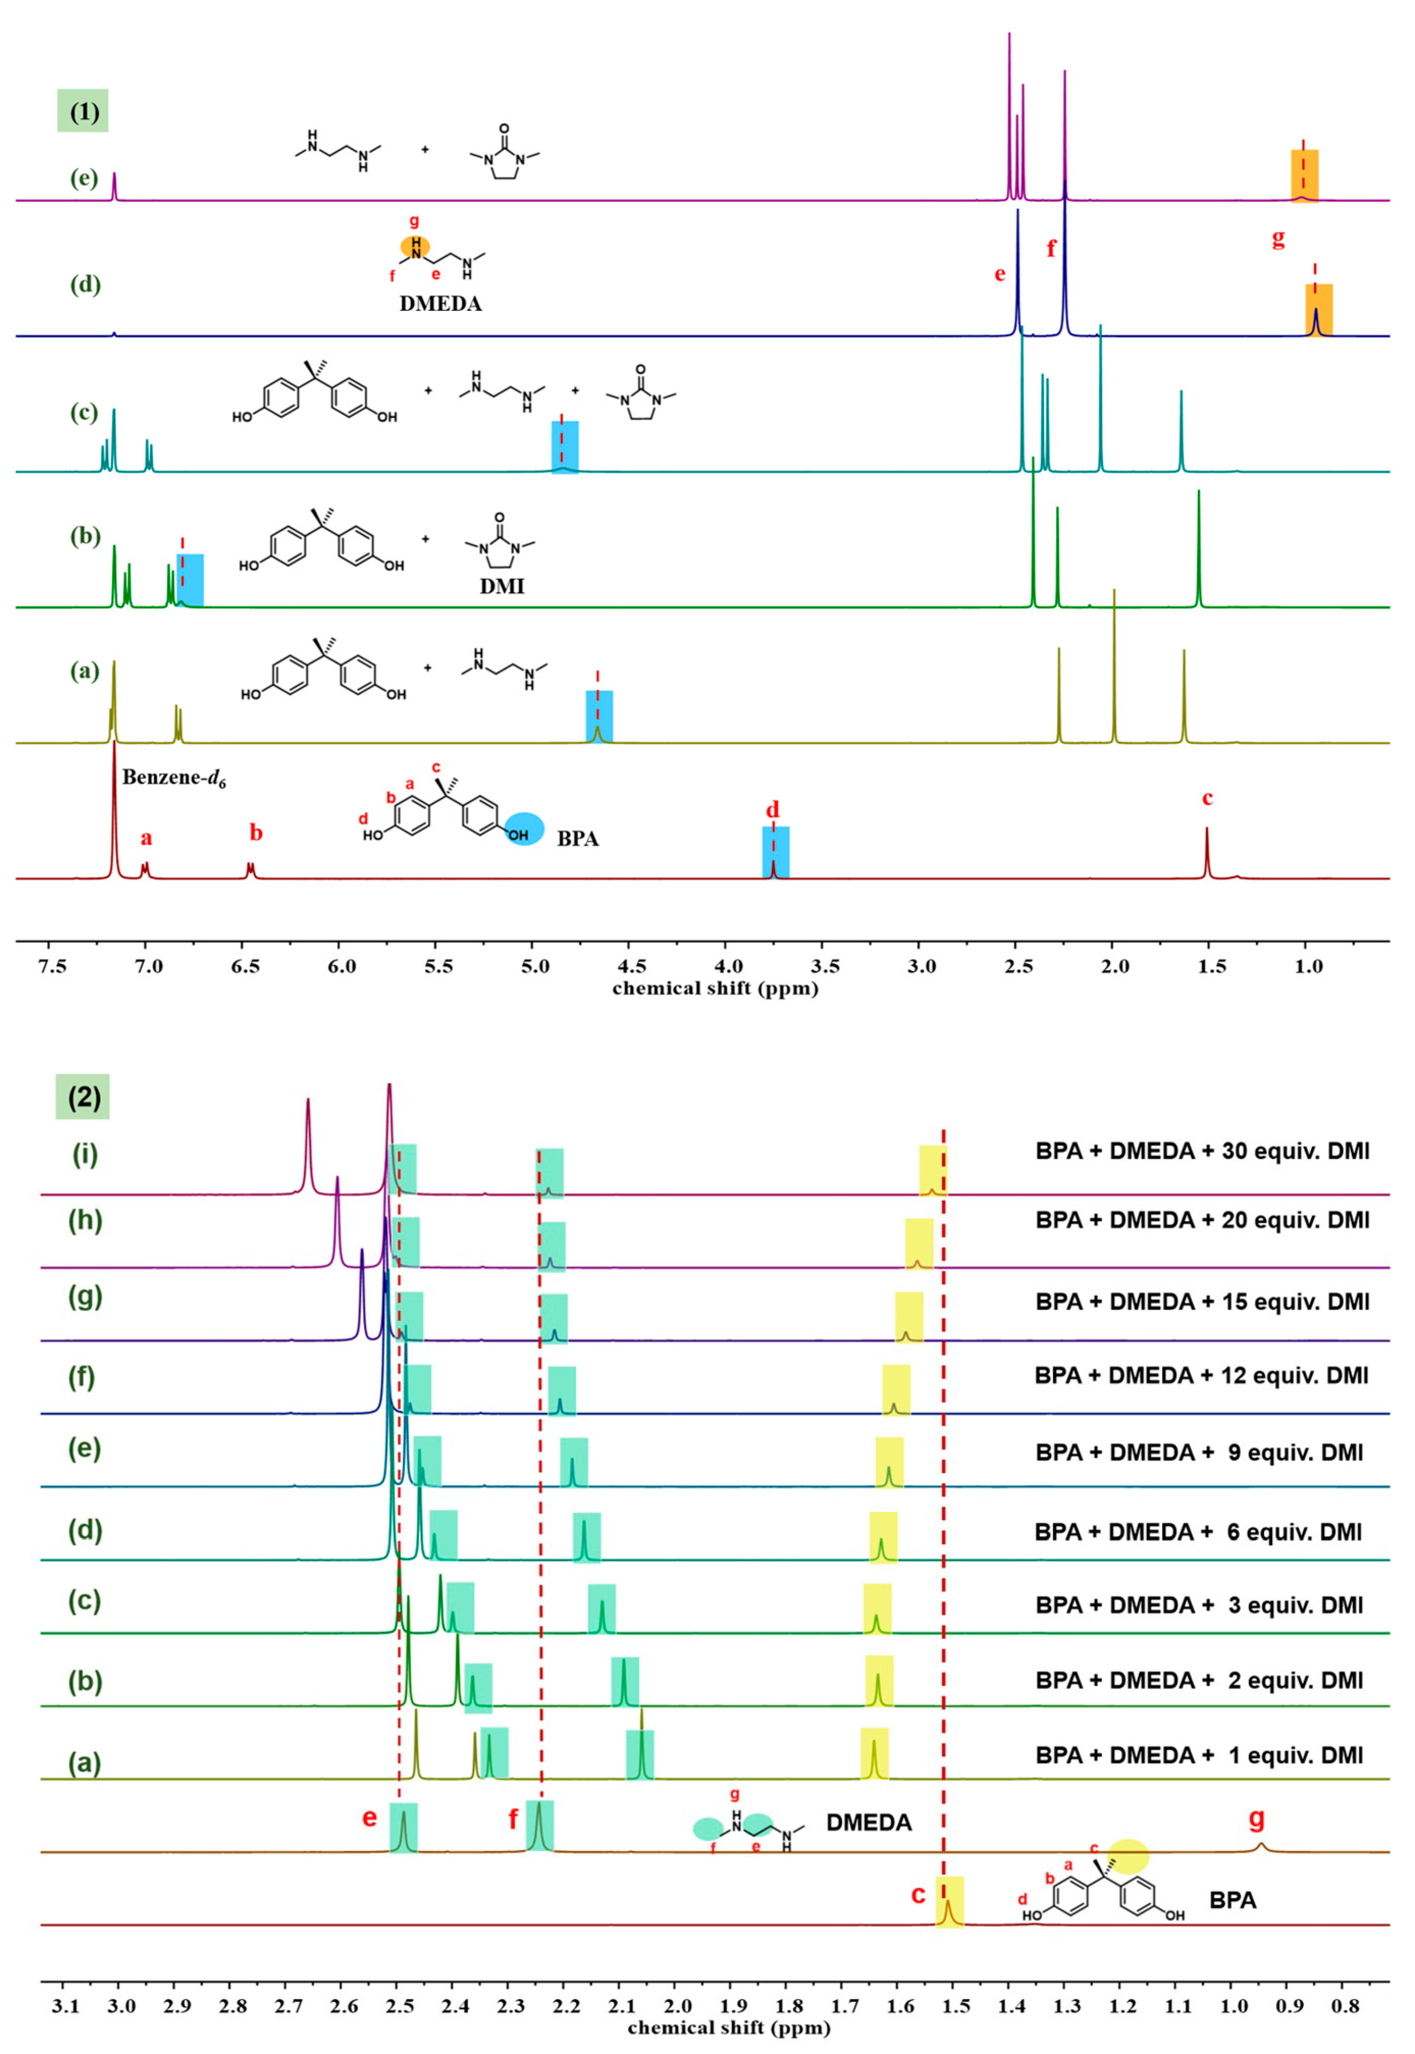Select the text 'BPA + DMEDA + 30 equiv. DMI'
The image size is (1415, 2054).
click(1202, 1152)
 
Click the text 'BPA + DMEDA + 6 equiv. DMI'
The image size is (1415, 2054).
click(1198, 1532)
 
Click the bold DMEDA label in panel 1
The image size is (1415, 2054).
click(441, 304)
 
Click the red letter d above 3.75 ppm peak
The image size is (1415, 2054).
click(772, 809)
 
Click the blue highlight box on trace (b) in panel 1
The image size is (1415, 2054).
click(191, 580)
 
